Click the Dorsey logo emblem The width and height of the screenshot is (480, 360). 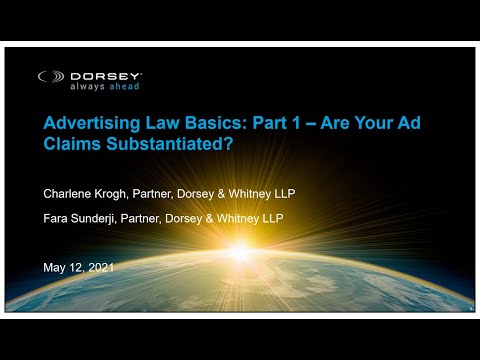pyautogui.click(x=52, y=76)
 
